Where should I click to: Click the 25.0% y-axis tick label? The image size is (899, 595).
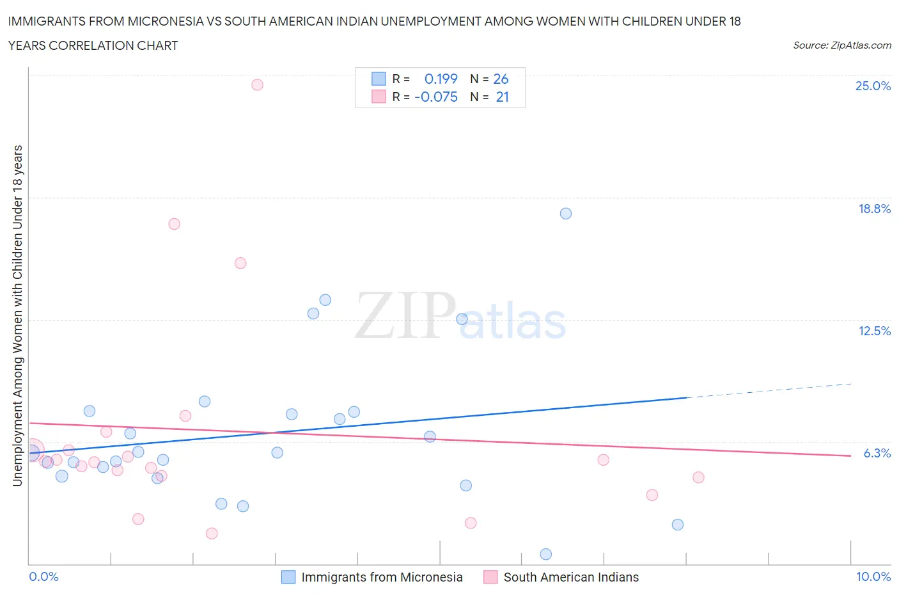(x=873, y=86)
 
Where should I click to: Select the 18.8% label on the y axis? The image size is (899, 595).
(x=874, y=209)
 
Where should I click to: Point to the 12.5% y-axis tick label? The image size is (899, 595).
(x=874, y=331)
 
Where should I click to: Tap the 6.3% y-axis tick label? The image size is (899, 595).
(x=877, y=453)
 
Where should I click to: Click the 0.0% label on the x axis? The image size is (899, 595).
(x=43, y=576)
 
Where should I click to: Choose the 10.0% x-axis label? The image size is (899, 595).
(x=873, y=576)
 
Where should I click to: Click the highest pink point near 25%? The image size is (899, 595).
(x=257, y=84)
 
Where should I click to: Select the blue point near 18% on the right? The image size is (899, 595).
(x=565, y=214)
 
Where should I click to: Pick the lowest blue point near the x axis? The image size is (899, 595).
(x=545, y=554)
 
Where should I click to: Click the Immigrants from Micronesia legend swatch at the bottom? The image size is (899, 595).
(x=288, y=577)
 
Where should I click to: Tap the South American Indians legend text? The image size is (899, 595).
(x=571, y=577)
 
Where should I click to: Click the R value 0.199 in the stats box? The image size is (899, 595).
(x=441, y=79)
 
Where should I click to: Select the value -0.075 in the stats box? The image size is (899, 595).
(x=436, y=97)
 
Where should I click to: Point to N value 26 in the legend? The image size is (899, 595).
(x=501, y=79)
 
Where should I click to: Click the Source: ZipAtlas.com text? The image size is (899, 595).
(x=841, y=45)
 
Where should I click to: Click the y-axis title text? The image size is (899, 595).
(x=17, y=315)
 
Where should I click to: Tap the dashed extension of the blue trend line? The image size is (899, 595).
(x=767, y=391)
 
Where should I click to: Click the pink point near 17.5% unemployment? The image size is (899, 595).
(x=174, y=224)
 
